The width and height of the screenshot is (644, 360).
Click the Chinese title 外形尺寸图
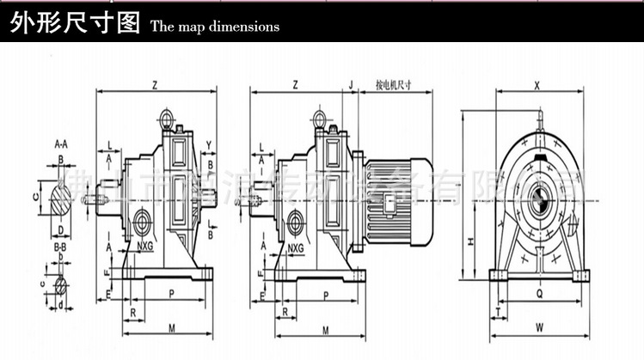74,22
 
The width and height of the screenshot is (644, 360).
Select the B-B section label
60,247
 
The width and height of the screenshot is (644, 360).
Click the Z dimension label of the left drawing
154,85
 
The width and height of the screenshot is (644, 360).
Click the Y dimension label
209,143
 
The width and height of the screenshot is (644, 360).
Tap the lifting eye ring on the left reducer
166,115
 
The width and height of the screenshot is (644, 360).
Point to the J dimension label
350,85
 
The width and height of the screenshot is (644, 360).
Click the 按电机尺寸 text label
394,85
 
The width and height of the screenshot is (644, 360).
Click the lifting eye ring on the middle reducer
319,118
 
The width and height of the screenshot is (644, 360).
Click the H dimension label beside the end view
471,241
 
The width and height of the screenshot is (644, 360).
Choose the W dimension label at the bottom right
538,326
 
